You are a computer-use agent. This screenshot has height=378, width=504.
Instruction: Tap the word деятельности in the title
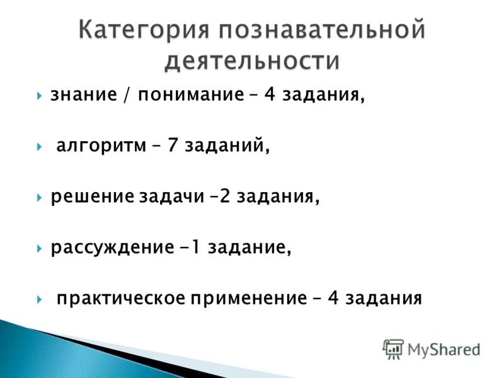(x=252, y=62)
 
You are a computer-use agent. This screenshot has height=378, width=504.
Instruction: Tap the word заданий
(x=227, y=147)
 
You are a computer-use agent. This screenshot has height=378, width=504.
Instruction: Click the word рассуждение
(x=110, y=247)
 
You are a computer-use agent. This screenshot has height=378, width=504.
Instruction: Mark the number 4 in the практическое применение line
(x=333, y=297)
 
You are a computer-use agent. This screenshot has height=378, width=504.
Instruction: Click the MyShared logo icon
(x=394, y=348)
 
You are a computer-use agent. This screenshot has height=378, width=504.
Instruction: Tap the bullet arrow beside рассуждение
(x=40, y=247)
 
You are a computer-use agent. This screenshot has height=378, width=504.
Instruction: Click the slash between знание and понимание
(x=128, y=96)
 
